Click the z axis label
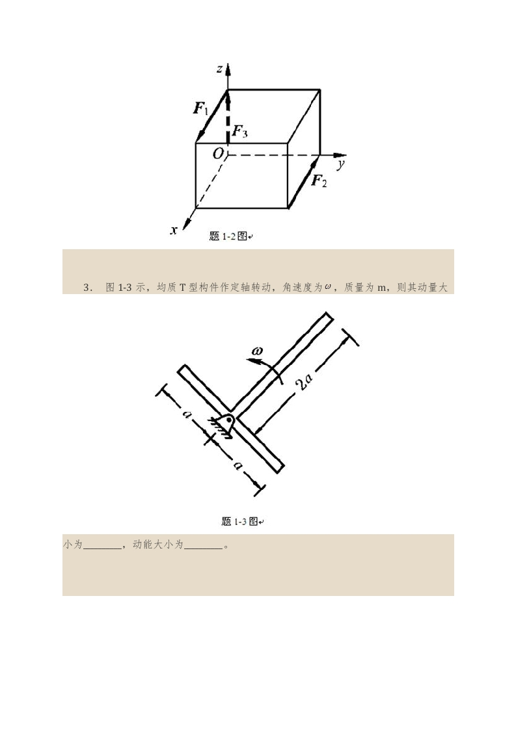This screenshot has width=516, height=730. [219, 70]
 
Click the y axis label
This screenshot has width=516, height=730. [341, 165]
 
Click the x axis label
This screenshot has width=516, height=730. [174, 230]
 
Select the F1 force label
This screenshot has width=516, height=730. [200, 109]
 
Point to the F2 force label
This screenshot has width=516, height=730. [319, 180]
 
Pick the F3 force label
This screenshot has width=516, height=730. [240, 132]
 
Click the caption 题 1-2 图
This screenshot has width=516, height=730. [228, 236]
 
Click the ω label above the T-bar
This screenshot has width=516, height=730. [256, 350]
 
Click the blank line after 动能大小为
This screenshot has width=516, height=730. [203, 548]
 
